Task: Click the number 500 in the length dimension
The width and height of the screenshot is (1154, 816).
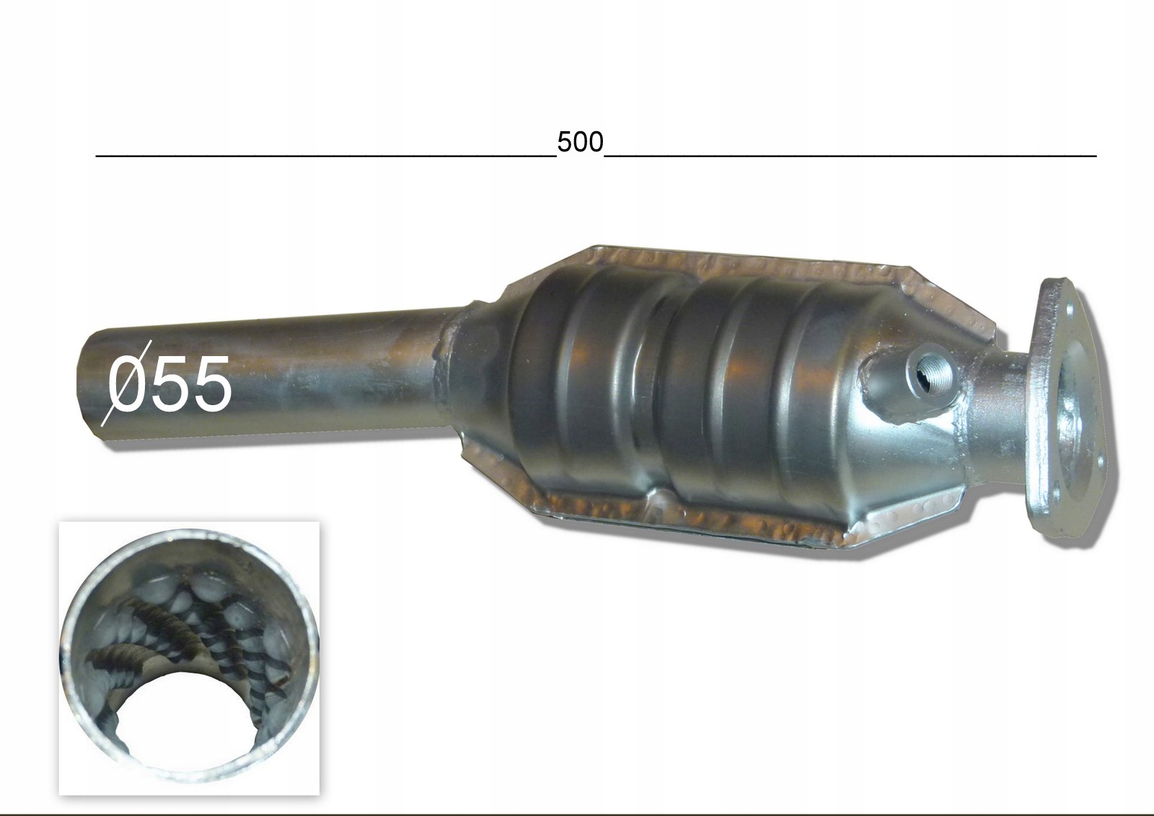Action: point(579,142)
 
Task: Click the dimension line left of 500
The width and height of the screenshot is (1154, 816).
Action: point(325,154)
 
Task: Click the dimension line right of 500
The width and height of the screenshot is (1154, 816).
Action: point(851,154)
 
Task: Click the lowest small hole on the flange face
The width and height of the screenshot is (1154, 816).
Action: point(1056,494)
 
